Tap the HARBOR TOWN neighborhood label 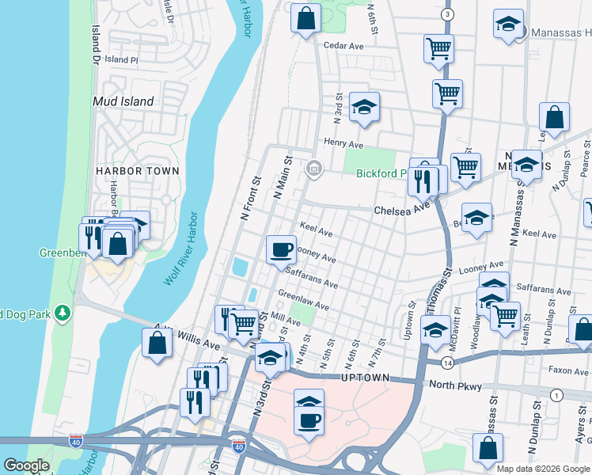tap(138, 171)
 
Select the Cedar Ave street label tap(343, 46)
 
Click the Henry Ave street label tap(343, 143)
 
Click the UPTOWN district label tap(365, 378)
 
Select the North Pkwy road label tap(452, 385)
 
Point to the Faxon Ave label tap(570, 370)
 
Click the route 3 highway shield tap(448, 15)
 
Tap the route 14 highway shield tap(447, 362)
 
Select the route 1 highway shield tap(557, 395)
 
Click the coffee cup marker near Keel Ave tap(281, 250)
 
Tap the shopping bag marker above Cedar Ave tap(305, 17)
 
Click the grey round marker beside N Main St tap(314, 168)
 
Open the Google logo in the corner tap(26, 465)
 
